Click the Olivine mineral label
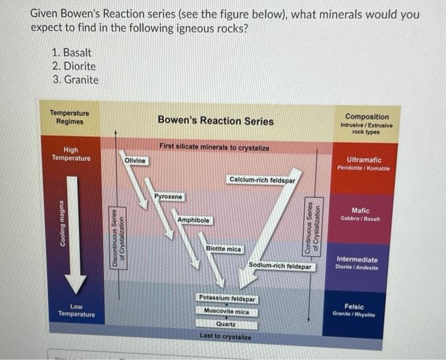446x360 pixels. pos(135,160)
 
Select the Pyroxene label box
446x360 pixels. pos(168,196)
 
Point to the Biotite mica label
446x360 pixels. pos(224,248)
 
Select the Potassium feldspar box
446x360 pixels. pos(227,299)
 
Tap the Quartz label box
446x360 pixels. pos(226,324)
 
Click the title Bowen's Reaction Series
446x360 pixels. pos(215,120)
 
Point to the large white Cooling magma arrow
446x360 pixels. pos(75,229)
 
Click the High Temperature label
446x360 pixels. pos(71,154)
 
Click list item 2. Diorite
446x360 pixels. pos(74,66)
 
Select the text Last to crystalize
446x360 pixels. pos(226,336)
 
